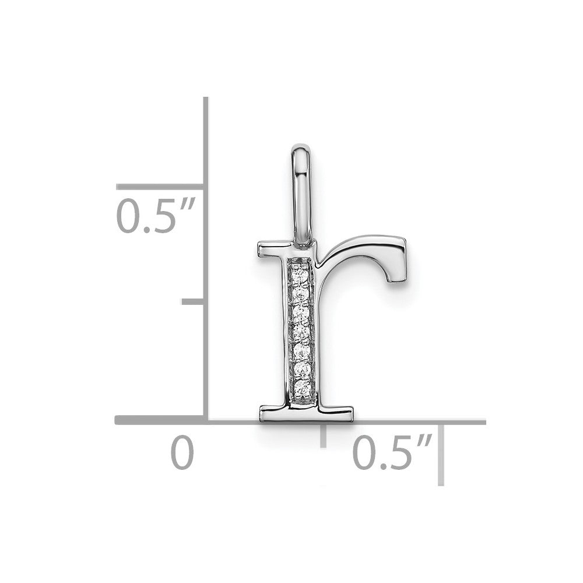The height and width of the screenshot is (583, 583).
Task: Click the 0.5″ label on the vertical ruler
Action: (x=156, y=216)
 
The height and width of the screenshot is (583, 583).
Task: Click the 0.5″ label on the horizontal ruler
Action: (x=392, y=452)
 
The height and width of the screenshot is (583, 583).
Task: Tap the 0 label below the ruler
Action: (x=182, y=452)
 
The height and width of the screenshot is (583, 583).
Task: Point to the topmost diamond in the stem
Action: (x=300, y=276)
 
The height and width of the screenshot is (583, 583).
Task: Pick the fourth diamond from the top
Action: (x=301, y=332)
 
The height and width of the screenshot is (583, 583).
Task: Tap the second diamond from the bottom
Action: (x=301, y=369)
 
